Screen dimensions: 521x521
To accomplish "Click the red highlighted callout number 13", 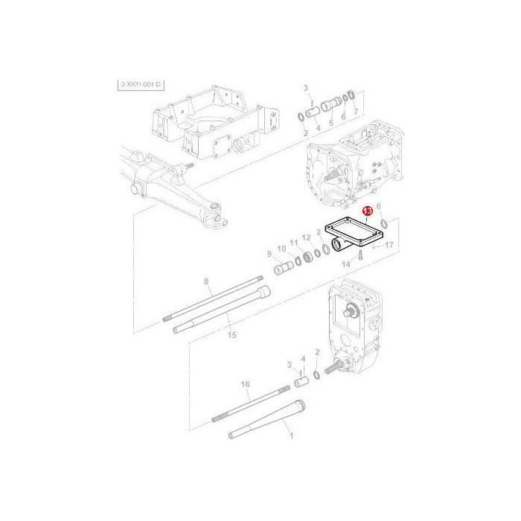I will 367,212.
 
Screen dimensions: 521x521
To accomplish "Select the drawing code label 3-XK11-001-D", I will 141,86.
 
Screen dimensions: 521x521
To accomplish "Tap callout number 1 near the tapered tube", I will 290,435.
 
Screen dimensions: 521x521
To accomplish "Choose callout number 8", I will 207,281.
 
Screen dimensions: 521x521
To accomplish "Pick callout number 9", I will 269,253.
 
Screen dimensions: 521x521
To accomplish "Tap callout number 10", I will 281,248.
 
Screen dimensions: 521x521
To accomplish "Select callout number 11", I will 294,243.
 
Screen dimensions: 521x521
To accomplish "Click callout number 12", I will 307,237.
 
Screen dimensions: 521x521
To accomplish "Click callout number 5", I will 330,119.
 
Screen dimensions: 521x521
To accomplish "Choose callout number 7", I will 356,112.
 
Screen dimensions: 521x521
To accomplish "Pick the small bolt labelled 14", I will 358,255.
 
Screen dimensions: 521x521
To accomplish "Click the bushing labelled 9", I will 284,267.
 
